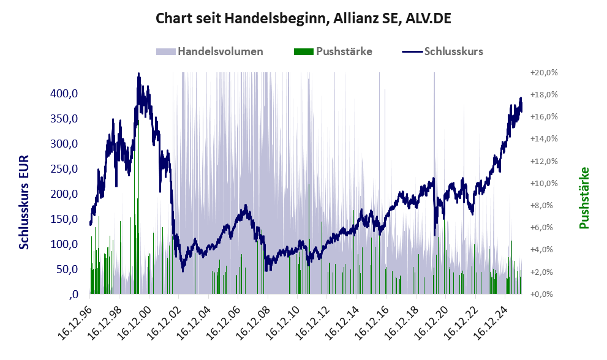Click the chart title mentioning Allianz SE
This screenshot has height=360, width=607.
(x=304, y=18)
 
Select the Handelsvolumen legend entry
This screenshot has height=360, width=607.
(x=220, y=51)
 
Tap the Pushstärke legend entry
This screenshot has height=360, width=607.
(x=344, y=51)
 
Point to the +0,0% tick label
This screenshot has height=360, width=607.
(x=544, y=294)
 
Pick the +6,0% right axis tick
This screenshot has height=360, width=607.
(x=544, y=228)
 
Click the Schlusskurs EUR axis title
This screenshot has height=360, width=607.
(x=25, y=202)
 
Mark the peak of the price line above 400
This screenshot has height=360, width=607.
(x=139, y=74)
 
